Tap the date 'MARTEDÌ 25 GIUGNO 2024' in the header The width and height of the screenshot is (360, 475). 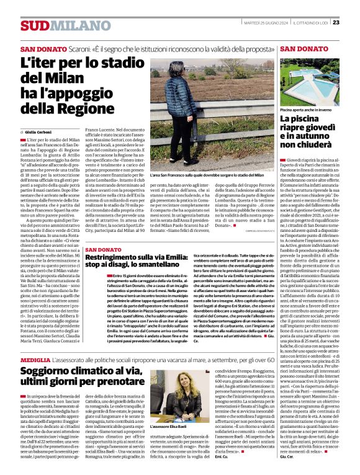268,23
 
